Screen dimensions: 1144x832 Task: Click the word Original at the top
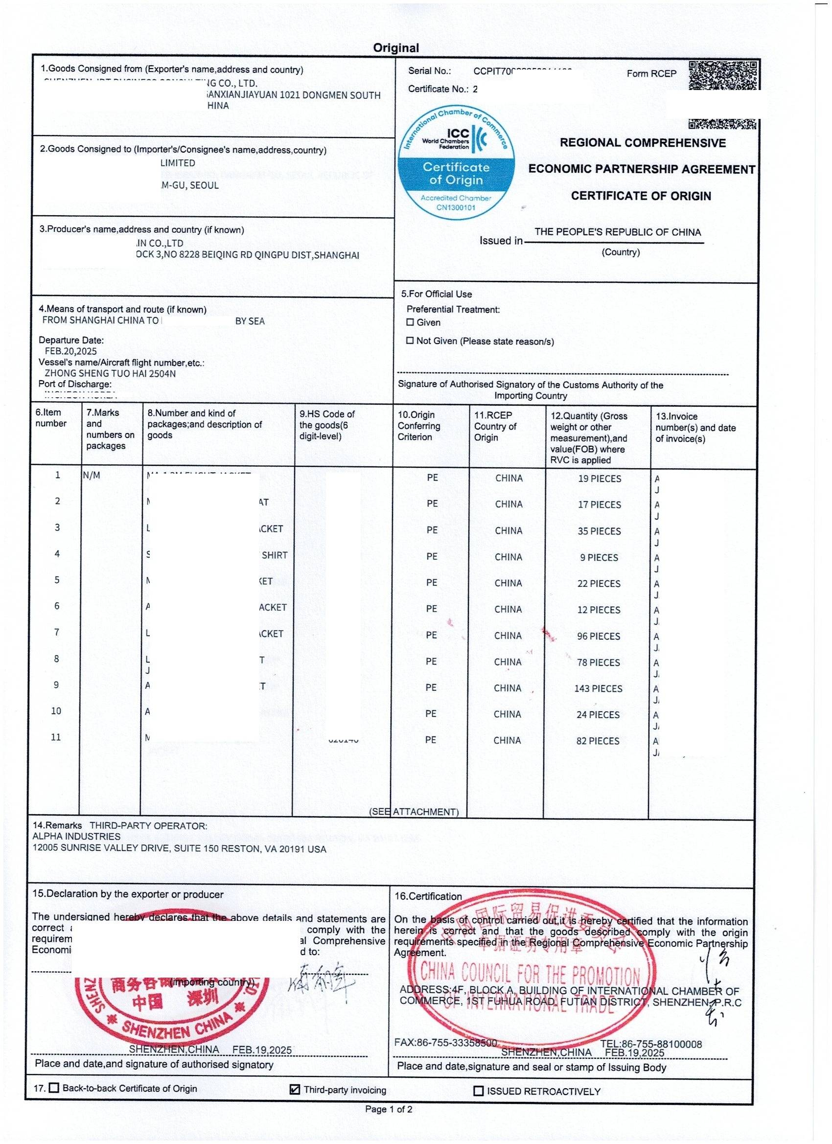(395, 48)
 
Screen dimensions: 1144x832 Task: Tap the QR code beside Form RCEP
(722, 76)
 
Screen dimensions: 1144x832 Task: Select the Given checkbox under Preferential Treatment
(410, 322)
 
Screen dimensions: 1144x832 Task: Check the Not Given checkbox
(410, 341)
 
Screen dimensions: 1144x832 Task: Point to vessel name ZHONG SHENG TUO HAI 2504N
(111, 373)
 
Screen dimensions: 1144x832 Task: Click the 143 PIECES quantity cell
(598, 688)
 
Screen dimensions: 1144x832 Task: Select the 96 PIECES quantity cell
(599, 636)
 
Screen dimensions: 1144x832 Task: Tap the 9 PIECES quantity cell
(599, 557)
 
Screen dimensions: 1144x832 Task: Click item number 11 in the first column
(55, 737)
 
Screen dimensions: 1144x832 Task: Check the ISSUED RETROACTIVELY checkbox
(478, 1091)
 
